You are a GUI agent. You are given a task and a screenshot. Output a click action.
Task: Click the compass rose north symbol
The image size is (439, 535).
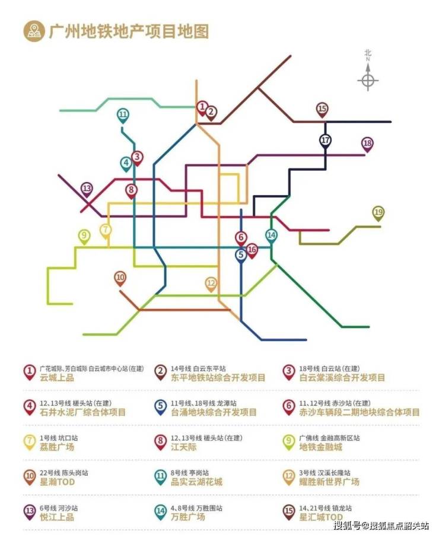pos(368,80)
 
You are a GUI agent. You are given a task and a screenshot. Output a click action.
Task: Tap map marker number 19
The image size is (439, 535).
pos(378,212)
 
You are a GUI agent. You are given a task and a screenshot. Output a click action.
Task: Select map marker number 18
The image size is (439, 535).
pos(367,144)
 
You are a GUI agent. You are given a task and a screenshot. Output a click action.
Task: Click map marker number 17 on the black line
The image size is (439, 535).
pos(325,141)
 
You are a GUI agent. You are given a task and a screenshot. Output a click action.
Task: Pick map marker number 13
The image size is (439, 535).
pos(87,189)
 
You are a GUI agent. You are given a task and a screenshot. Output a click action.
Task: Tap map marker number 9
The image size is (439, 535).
pos(84,235)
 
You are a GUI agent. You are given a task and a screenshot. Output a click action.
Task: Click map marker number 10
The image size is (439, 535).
pos(120,277)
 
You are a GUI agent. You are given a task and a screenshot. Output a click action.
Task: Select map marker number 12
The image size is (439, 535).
pos(211,284)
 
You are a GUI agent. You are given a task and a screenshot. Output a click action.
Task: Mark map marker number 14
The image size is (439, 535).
pos(271,235)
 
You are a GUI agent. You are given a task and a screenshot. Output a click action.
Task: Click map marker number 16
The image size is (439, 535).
pos(252,250)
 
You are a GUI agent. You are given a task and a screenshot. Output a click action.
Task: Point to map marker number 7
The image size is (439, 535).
pos(106,230)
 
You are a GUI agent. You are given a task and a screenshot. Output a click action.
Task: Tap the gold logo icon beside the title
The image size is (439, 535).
pos(33,31)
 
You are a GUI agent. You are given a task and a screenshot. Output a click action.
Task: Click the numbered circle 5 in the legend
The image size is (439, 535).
pos(161,407)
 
